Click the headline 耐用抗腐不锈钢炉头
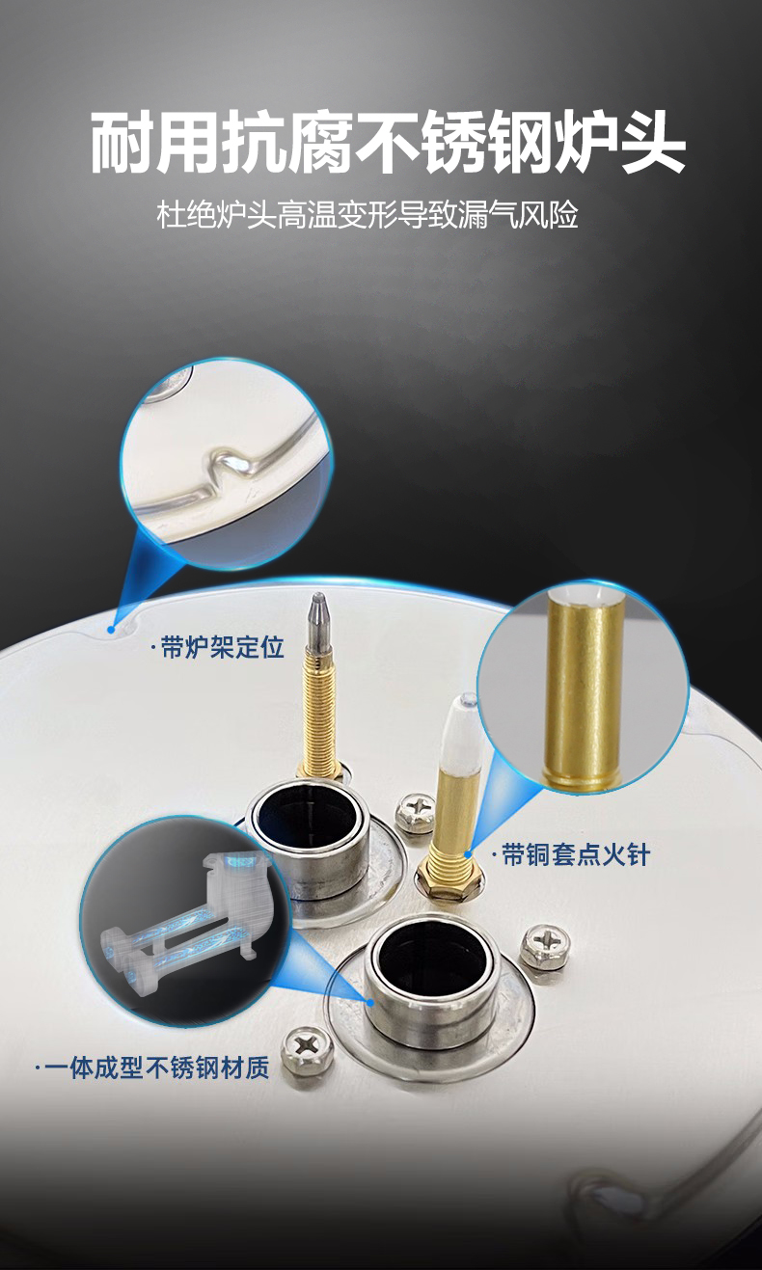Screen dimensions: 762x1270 point(388,141)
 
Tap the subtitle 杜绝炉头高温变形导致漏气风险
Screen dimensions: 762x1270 point(367,215)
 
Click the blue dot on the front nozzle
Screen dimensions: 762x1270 point(370,1002)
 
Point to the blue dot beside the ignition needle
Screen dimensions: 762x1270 point(469,854)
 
